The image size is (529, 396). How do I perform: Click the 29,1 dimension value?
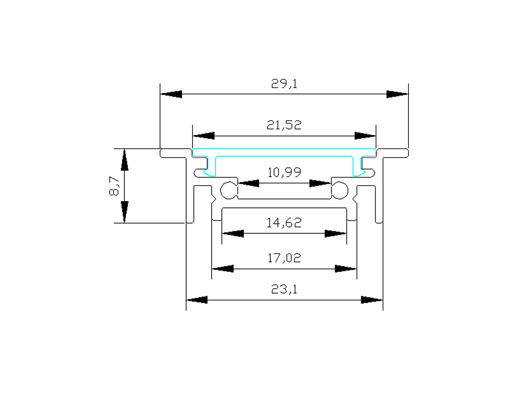(x=284, y=84)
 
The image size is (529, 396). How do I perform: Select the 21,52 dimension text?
(x=284, y=125)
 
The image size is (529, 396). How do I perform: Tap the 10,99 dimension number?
(x=284, y=172)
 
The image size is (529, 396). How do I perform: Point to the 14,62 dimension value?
(x=284, y=223)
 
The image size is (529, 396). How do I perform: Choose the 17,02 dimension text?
(x=284, y=258)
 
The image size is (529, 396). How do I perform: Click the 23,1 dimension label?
(x=284, y=289)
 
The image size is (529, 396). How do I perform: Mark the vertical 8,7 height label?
(x=114, y=186)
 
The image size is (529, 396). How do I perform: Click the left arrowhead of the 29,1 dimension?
(x=171, y=94)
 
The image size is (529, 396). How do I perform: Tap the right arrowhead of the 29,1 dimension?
(x=397, y=94)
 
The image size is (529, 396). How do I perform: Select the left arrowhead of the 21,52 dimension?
(x=204, y=136)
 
